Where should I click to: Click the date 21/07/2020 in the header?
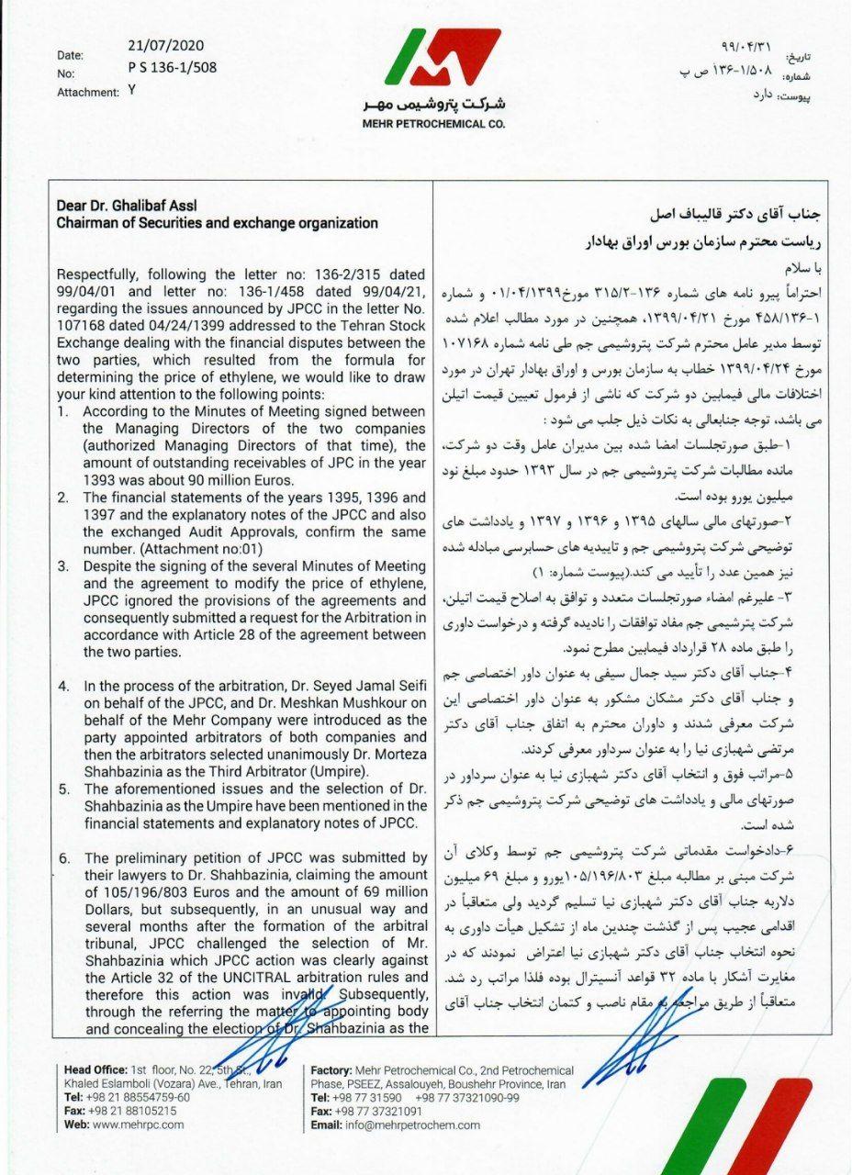(x=166, y=45)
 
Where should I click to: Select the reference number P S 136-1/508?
(x=173, y=67)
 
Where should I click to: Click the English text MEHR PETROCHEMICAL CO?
(x=433, y=124)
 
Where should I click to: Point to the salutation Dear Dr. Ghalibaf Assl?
(x=127, y=206)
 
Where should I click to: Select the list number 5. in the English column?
(x=63, y=788)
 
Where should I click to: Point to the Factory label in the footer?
(x=331, y=1070)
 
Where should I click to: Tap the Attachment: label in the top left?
(x=88, y=92)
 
